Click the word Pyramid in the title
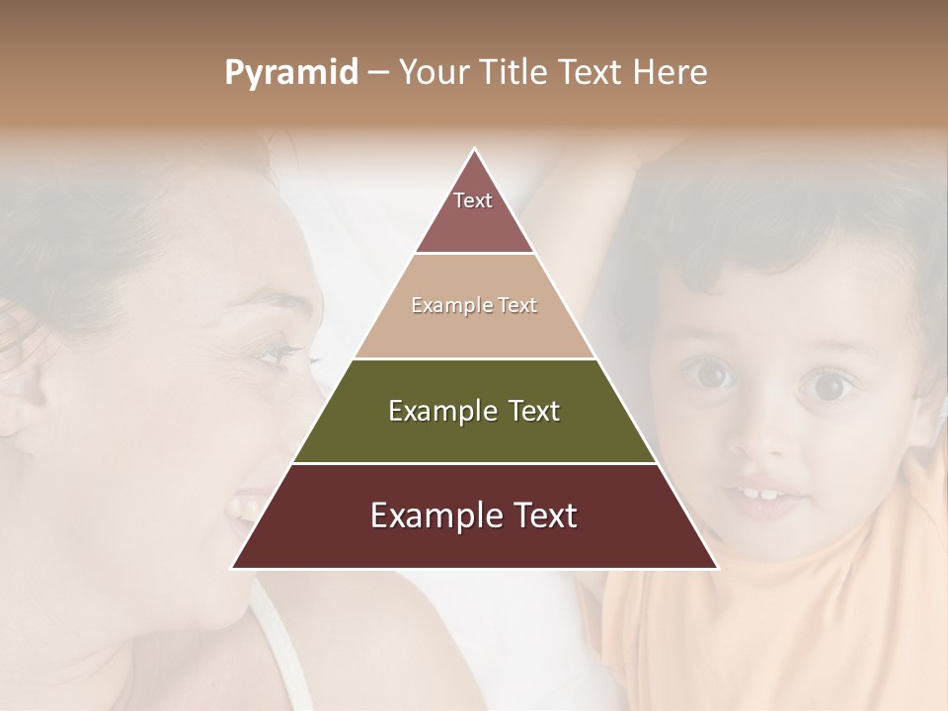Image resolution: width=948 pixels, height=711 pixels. [290, 73]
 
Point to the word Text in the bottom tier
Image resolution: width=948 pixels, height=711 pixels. [537, 515]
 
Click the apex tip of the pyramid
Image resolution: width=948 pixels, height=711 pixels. [474, 151]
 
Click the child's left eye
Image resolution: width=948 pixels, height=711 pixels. [827, 383]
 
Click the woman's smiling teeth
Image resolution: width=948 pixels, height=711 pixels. [240, 509]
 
